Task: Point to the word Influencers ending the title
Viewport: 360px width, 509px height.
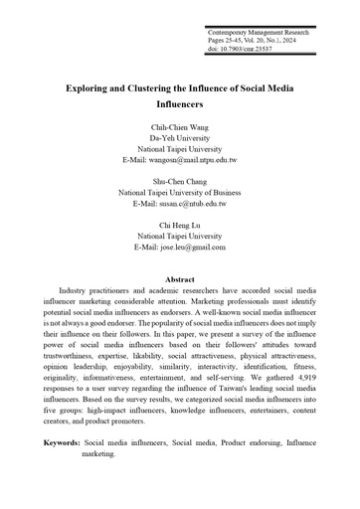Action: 180,102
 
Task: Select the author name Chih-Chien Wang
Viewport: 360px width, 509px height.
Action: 180,128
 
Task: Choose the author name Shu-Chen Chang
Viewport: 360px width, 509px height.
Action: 180,182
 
